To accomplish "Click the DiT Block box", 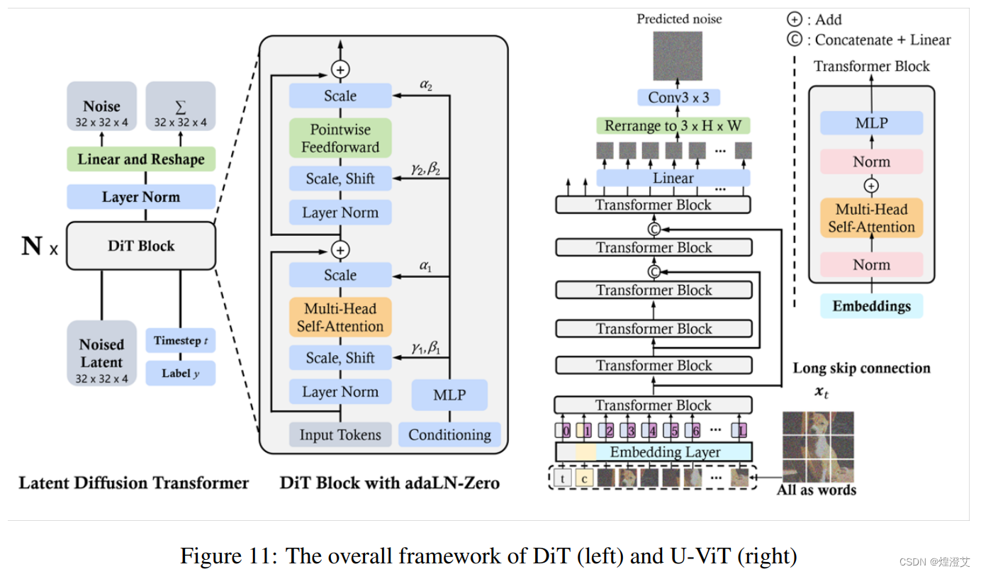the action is tap(141, 246).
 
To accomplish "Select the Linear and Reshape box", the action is tap(141, 159).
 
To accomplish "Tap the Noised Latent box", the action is tap(101, 354).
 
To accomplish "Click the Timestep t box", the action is tap(181, 340).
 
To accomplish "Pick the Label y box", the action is tap(181, 373).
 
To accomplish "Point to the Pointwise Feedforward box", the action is tap(340, 138).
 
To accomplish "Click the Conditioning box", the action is tap(450, 435).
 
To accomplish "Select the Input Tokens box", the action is tap(340, 435).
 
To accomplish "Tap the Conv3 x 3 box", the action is tap(678, 97).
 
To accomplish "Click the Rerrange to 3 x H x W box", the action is tap(673, 125).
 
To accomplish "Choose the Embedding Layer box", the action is tap(654, 452).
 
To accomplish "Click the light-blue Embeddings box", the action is tap(872, 305).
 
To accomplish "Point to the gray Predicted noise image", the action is tap(678, 55).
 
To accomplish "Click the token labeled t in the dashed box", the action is tap(562, 478).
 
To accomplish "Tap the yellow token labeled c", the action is tap(584, 478).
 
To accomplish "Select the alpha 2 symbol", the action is tap(426, 84).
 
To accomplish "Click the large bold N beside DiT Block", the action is tap(32, 246).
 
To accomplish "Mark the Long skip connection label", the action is tap(861, 368).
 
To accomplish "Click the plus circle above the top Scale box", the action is tap(340, 69).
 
